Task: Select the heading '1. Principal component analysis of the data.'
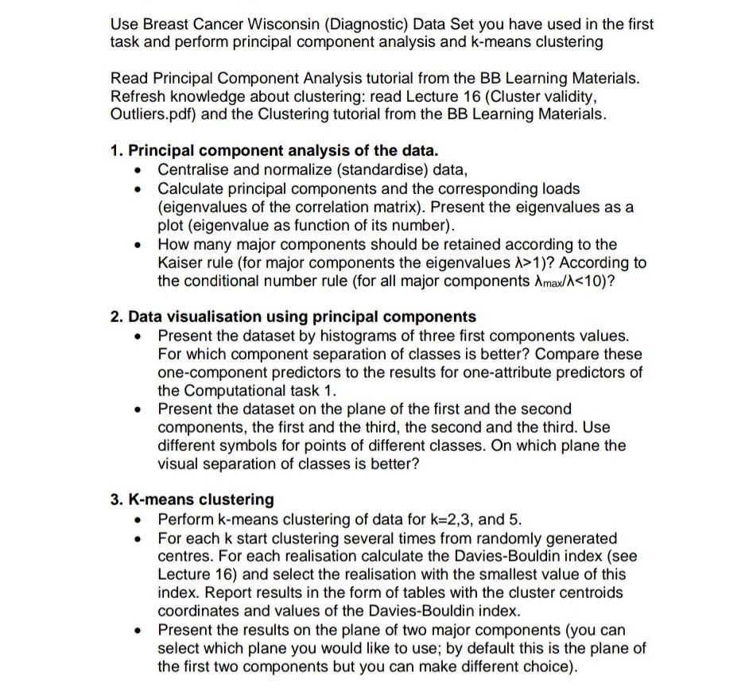[274, 150]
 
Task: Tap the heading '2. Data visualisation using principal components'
[293, 316]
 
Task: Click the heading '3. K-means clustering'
[192, 499]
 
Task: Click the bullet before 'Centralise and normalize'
[141, 170]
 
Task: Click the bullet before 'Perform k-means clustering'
[141, 521]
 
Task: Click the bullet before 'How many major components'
[141, 245]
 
